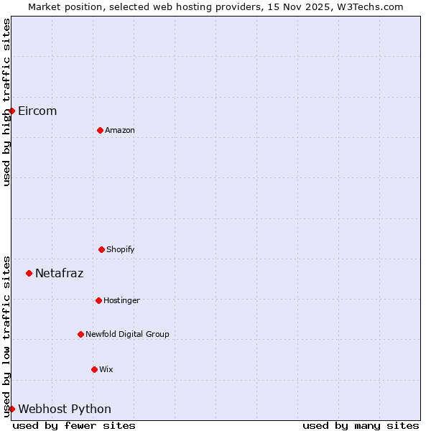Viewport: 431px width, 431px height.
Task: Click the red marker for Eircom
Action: pos(11,111)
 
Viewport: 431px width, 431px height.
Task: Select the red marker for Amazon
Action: pos(100,130)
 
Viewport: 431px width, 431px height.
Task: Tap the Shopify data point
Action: pos(101,249)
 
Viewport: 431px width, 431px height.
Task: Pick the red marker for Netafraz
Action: pos(29,273)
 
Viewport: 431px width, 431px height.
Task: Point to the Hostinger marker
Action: pos(98,300)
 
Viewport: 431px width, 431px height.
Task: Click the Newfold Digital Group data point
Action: pos(80,334)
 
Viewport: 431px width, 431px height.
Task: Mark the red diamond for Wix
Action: pos(94,369)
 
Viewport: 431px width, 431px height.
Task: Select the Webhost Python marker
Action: pos(11,409)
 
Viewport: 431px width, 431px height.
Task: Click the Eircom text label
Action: pos(37,111)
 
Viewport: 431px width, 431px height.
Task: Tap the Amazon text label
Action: pos(120,130)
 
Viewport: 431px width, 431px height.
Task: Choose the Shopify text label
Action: pos(121,249)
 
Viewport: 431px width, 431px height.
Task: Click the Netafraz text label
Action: pos(60,273)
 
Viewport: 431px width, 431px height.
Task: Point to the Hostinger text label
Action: pos(121,300)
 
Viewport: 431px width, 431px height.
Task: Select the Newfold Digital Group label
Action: pos(127,334)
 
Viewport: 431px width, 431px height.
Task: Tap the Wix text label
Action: pos(106,369)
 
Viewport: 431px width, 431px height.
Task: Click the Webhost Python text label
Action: pos(65,409)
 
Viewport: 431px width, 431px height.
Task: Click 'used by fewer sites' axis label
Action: pos(74,425)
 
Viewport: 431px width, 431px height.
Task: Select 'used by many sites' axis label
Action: pos(361,425)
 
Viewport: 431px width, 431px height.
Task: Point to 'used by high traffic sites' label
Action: pos(6,102)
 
